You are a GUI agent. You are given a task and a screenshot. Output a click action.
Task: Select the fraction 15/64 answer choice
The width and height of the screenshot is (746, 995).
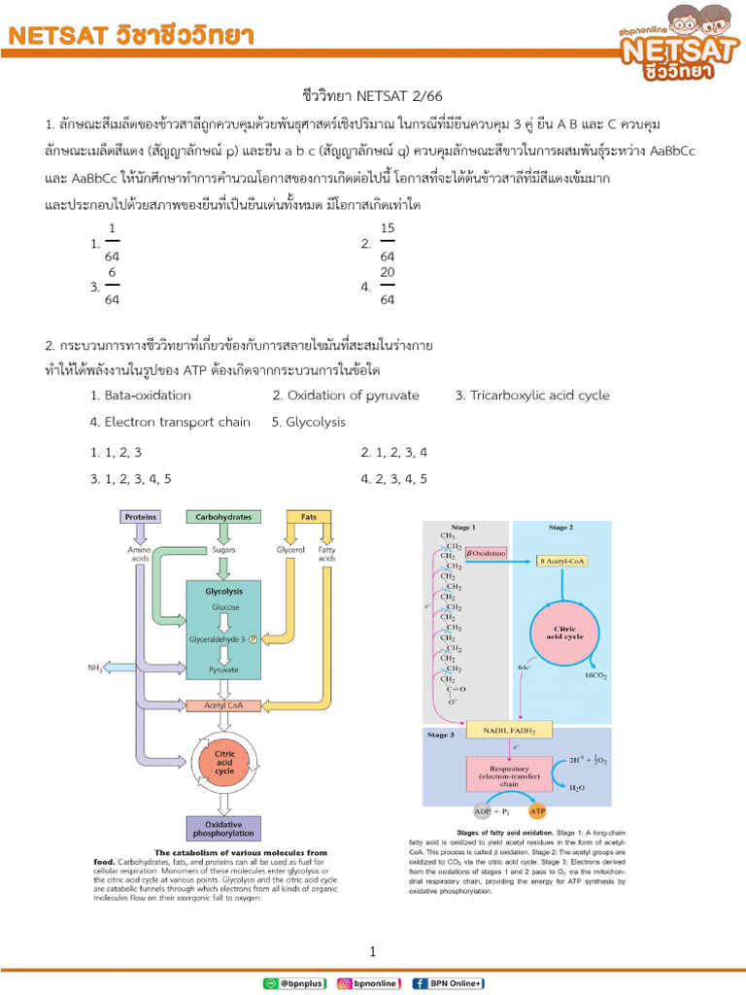coord(387,243)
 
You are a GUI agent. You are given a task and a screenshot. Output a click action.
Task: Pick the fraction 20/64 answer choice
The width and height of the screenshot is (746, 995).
coord(387,287)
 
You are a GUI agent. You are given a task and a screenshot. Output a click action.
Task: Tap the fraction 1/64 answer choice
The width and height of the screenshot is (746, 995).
coord(112,243)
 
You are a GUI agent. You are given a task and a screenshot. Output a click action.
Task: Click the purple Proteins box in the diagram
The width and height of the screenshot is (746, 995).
coord(141,517)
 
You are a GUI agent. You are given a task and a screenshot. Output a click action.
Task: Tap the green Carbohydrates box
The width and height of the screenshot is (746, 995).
coord(223,517)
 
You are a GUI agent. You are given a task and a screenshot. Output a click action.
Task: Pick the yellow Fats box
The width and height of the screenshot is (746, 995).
coord(309,517)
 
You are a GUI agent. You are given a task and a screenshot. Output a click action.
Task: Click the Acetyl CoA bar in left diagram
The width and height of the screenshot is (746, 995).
coord(223,705)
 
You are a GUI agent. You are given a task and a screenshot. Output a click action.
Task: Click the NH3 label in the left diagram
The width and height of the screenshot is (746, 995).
coord(93,667)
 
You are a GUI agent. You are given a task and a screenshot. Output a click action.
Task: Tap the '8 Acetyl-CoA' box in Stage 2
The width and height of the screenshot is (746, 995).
coord(563,561)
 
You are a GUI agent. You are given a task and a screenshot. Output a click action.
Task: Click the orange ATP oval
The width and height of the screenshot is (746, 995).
coord(537,810)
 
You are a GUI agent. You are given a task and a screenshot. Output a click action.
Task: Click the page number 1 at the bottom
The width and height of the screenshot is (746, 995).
coord(372,951)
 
